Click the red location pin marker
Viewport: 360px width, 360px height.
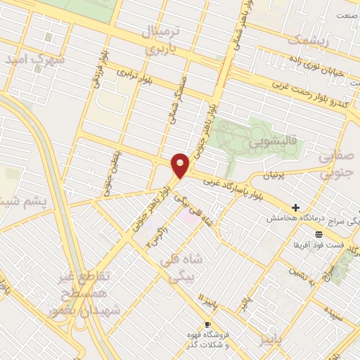[x=181, y=165]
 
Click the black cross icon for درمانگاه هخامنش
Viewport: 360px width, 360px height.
[x=295, y=208]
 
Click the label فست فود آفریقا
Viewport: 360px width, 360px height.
[x=319, y=245]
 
